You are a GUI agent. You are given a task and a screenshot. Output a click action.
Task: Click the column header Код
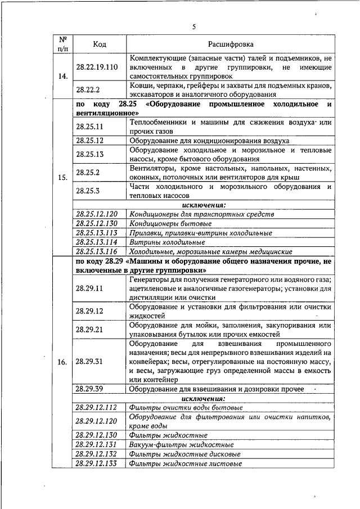tap(100, 44)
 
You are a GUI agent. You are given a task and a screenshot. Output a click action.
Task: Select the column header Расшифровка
tap(231, 44)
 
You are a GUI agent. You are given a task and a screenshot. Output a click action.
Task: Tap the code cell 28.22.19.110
tap(97, 66)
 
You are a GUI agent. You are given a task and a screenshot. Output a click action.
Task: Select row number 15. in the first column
tap(63, 178)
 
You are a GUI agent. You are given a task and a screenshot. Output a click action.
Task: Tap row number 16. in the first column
tap(63, 362)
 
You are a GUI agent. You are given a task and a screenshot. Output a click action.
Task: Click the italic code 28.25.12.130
tap(96, 223)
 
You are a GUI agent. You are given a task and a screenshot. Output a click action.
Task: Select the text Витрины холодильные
tap(166, 242)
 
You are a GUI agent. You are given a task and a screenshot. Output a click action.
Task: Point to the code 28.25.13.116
tap(96, 251)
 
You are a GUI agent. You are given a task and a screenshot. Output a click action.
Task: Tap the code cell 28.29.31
tap(89, 362)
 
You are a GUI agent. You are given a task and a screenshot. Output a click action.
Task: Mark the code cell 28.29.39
tap(89, 389)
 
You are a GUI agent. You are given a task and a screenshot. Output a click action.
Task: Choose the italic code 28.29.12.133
tap(96, 463)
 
